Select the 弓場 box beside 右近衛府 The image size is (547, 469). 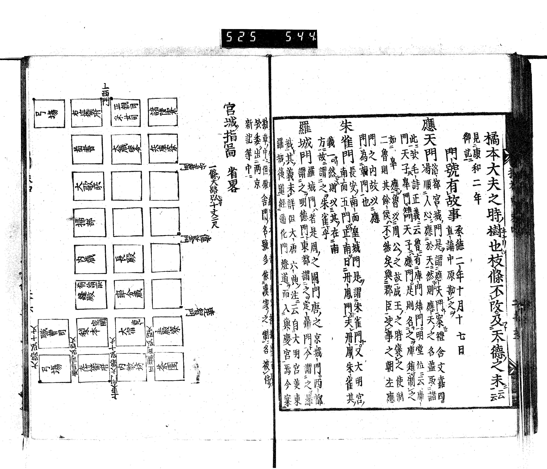coord(50,114)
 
